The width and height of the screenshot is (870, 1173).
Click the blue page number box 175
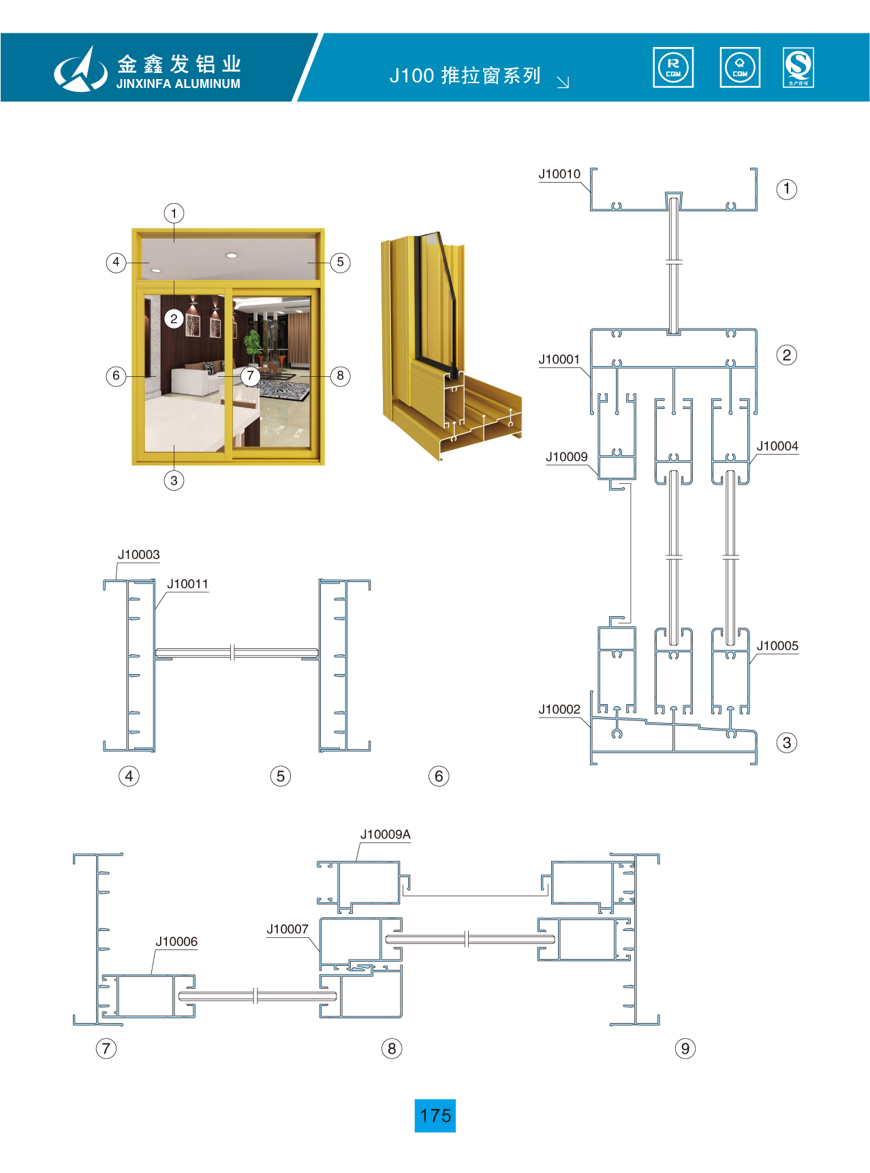[x=435, y=1115]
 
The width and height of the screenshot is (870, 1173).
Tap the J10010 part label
[x=559, y=174]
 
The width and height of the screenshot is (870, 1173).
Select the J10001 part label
[x=559, y=360]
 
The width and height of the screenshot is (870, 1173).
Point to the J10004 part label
[x=777, y=446]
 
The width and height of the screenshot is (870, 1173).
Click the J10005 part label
[x=777, y=646]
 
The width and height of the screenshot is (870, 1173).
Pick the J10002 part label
[x=559, y=710]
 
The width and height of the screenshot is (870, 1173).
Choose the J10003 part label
[x=139, y=555]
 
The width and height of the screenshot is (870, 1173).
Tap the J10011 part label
[x=188, y=584]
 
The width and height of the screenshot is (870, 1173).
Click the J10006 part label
[x=176, y=942]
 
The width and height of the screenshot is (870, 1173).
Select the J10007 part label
[x=288, y=930]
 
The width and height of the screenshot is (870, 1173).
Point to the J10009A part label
[x=386, y=835]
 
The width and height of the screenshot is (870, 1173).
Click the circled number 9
[x=685, y=1048]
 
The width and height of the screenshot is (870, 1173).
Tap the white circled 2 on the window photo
[x=174, y=318]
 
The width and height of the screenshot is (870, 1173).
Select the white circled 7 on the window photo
[x=250, y=376]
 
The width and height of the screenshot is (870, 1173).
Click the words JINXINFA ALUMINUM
[x=178, y=84]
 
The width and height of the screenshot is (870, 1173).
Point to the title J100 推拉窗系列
[x=465, y=75]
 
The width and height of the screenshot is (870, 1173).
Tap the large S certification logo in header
[x=798, y=67]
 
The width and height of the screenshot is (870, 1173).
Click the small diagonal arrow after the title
[x=563, y=82]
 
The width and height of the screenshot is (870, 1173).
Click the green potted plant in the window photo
[x=253, y=345]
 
